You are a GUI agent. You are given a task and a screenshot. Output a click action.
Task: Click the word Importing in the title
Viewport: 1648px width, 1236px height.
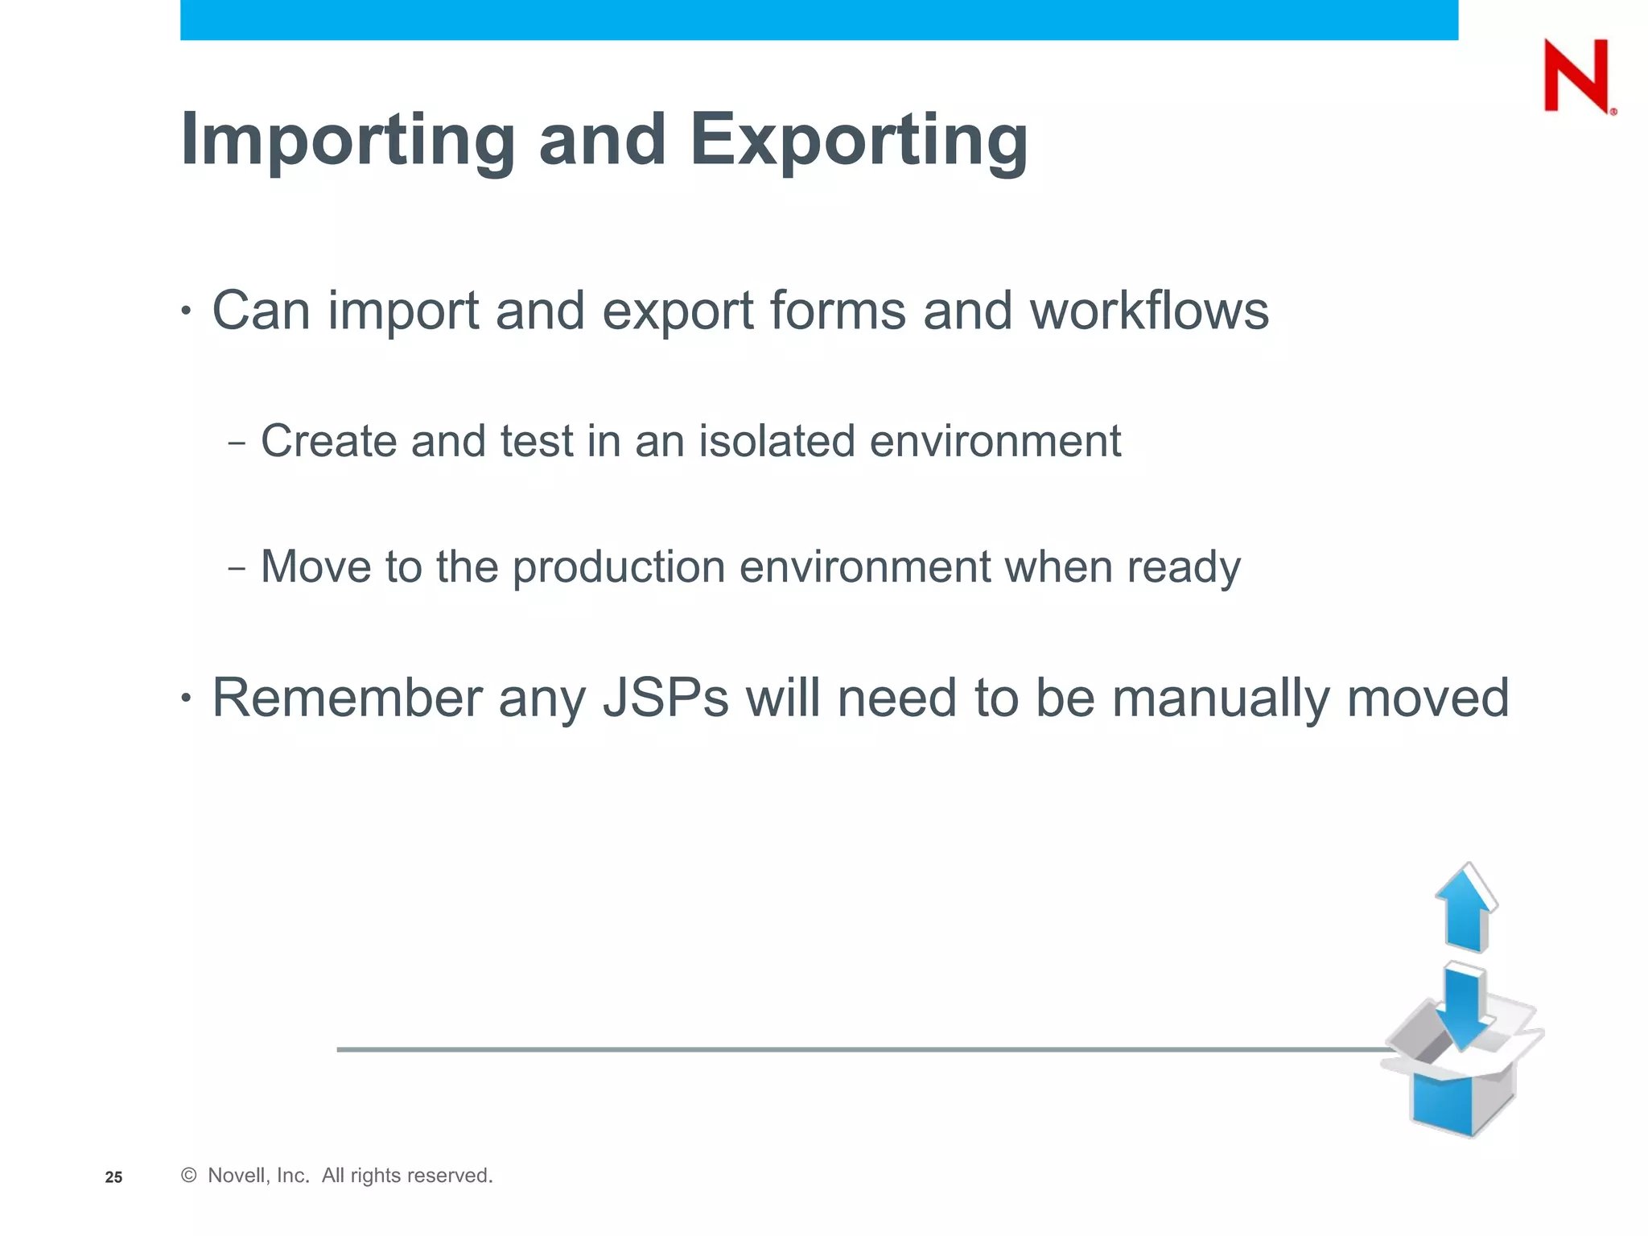[348, 141]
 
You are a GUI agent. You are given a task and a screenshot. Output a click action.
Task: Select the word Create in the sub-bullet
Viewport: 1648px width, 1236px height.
[328, 441]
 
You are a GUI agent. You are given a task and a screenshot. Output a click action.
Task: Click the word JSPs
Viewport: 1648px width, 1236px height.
[665, 698]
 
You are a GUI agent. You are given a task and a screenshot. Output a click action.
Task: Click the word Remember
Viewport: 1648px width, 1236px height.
[346, 698]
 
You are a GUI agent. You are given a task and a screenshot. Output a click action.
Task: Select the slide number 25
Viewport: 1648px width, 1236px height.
[113, 1177]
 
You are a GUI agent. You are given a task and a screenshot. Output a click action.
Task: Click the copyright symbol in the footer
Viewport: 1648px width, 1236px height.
[189, 1176]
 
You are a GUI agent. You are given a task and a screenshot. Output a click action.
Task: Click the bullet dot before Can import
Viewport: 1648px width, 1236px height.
[186, 311]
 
